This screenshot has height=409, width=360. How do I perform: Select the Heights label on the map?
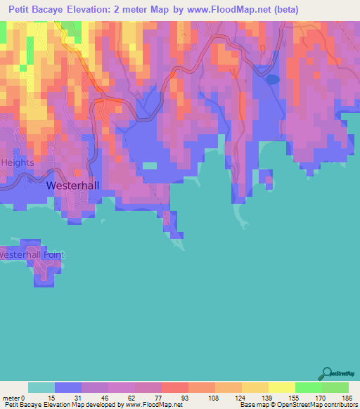pos(17,162)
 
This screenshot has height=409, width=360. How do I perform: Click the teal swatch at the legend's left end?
pos(41,387)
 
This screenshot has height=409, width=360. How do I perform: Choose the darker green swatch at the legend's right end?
pos(335,387)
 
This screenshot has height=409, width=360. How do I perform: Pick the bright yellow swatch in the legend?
pos(282,387)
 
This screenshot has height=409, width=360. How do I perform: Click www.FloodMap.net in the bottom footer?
pos(152,405)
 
